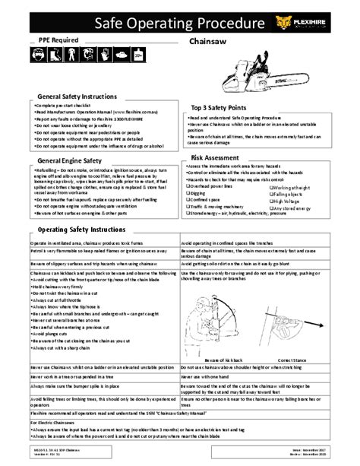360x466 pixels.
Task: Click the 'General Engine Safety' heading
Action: pos(70,161)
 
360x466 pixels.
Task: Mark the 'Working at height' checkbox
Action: pos(268,187)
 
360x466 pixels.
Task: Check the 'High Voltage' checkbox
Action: pos(268,201)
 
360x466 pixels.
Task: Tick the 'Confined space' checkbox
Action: pos(187,199)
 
